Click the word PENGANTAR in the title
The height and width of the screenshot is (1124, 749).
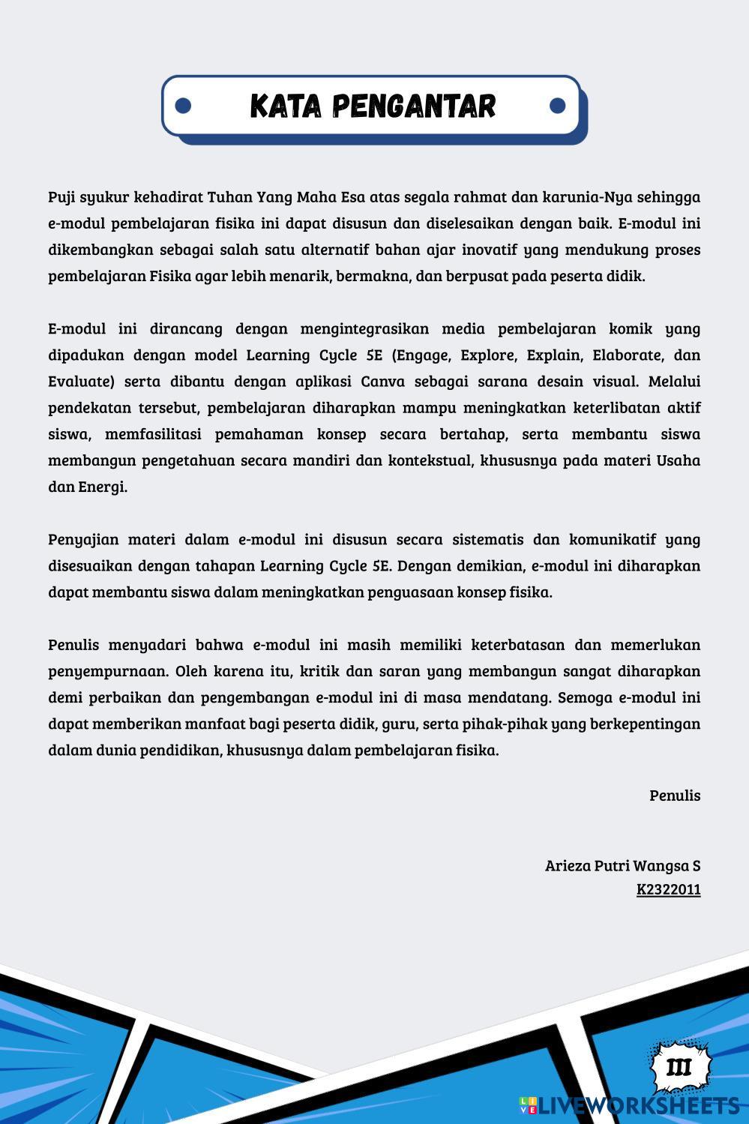414,106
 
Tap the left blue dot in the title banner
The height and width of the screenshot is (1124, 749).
183,106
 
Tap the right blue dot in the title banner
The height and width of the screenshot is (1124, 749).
557,106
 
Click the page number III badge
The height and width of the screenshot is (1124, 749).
679,1067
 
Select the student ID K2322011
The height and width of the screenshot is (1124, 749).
668,889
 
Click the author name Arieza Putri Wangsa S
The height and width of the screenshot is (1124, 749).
622,865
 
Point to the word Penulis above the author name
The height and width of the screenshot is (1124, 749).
674,796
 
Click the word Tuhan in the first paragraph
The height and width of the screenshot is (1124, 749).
229,197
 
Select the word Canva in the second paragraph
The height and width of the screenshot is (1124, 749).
382,381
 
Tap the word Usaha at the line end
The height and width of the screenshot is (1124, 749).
678,460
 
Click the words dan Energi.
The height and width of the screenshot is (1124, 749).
87,487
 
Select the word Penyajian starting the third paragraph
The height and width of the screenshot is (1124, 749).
82,539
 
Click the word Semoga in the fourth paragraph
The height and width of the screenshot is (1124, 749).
584,697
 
